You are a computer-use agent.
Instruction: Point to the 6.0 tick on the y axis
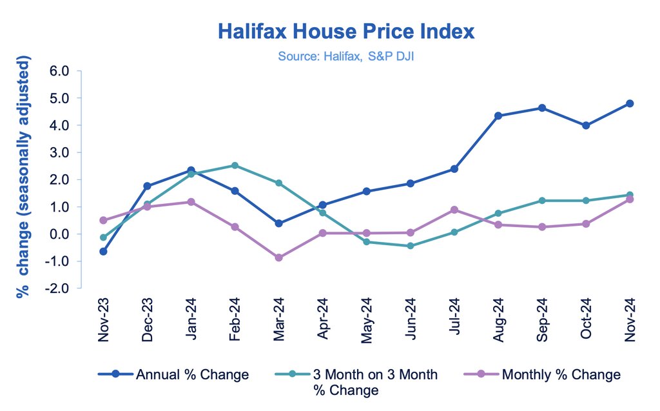click(x=59, y=71)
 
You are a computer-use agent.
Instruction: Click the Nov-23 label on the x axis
click(x=104, y=321)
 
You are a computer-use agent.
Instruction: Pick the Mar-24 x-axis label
click(x=279, y=321)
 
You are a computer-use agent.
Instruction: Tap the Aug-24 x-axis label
click(x=498, y=321)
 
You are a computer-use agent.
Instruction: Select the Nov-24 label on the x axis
click(x=630, y=321)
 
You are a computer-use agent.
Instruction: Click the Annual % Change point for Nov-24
click(x=630, y=103)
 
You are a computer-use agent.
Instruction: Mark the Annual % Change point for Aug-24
click(x=498, y=116)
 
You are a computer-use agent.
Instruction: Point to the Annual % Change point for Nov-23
click(x=103, y=251)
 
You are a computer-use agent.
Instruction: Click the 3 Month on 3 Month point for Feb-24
click(x=235, y=166)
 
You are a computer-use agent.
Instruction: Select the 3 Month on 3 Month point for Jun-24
click(x=410, y=246)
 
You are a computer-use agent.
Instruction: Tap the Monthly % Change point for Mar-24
click(x=278, y=257)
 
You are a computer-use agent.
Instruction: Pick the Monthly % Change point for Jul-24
click(x=454, y=210)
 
